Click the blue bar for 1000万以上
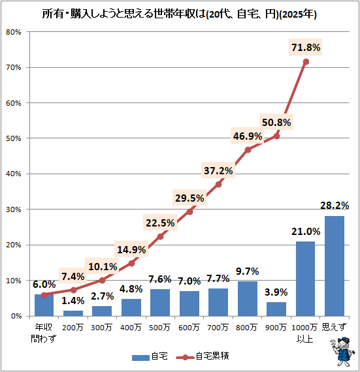click(305, 279)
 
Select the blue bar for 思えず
click(334, 266)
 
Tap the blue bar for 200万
click(73, 313)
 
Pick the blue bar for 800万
click(247, 298)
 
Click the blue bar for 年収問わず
click(44, 305)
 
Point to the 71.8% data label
click(306, 47)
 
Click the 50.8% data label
click(276, 122)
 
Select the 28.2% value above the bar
click(335, 206)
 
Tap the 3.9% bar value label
click(276, 291)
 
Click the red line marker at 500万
click(160, 236)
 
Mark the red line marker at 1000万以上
click(306, 61)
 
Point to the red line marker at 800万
click(248, 149)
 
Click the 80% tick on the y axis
click(16, 32)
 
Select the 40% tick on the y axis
click(16, 174)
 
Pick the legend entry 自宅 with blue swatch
click(150, 357)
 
